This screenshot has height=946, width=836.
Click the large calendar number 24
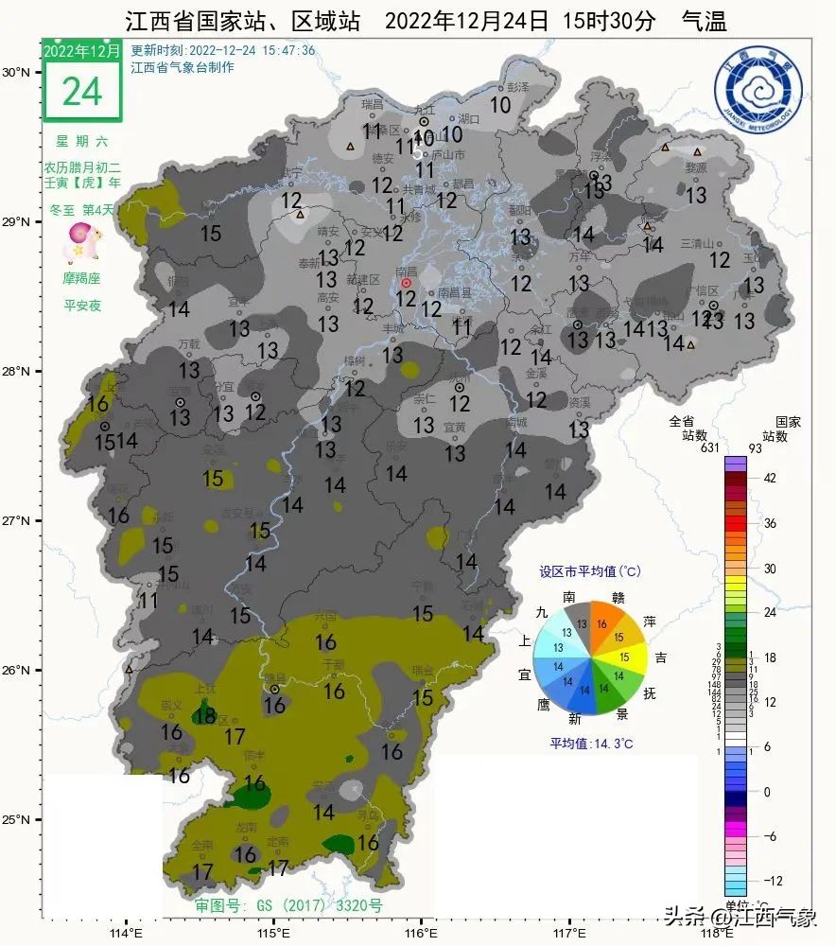click(82, 90)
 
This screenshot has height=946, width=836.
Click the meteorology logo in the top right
click(758, 91)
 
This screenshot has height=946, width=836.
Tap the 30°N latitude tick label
click(19, 72)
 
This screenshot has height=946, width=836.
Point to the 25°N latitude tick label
click(19, 819)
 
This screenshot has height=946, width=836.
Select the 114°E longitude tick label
click(127, 933)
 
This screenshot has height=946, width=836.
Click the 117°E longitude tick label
click(568, 933)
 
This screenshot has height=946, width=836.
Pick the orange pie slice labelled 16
click(603, 623)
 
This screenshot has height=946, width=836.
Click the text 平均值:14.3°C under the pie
click(591, 744)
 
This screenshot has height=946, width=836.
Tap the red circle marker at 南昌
click(407, 283)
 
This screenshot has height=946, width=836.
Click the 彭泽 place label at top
click(515, 87)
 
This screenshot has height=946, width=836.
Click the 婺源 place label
click(696, 166)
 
